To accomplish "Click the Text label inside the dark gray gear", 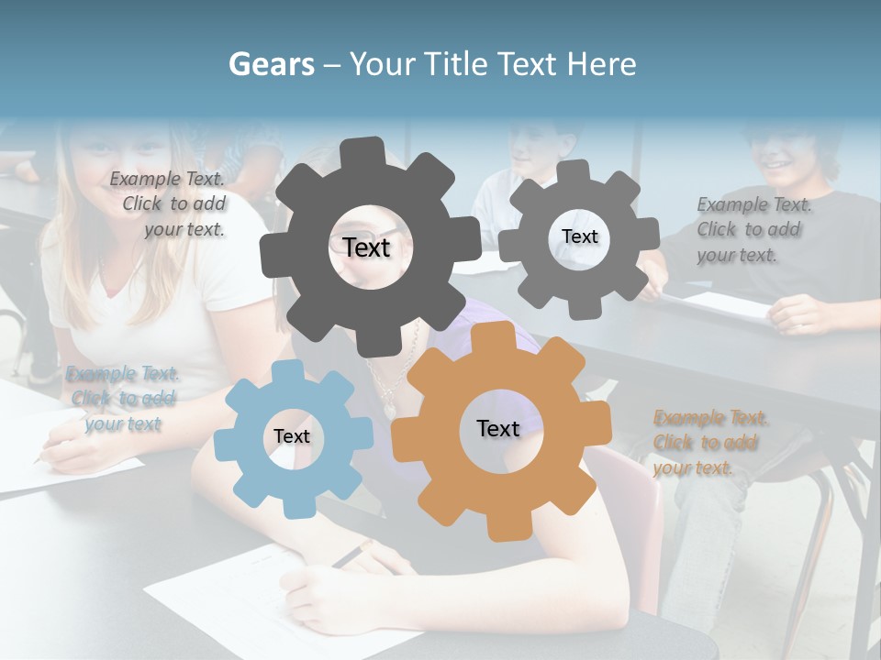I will point(366,247).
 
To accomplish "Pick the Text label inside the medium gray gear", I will point(579,236).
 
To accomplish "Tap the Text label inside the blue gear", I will point(292,436).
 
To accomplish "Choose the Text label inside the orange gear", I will point(497,428).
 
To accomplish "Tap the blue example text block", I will point(122,399).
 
